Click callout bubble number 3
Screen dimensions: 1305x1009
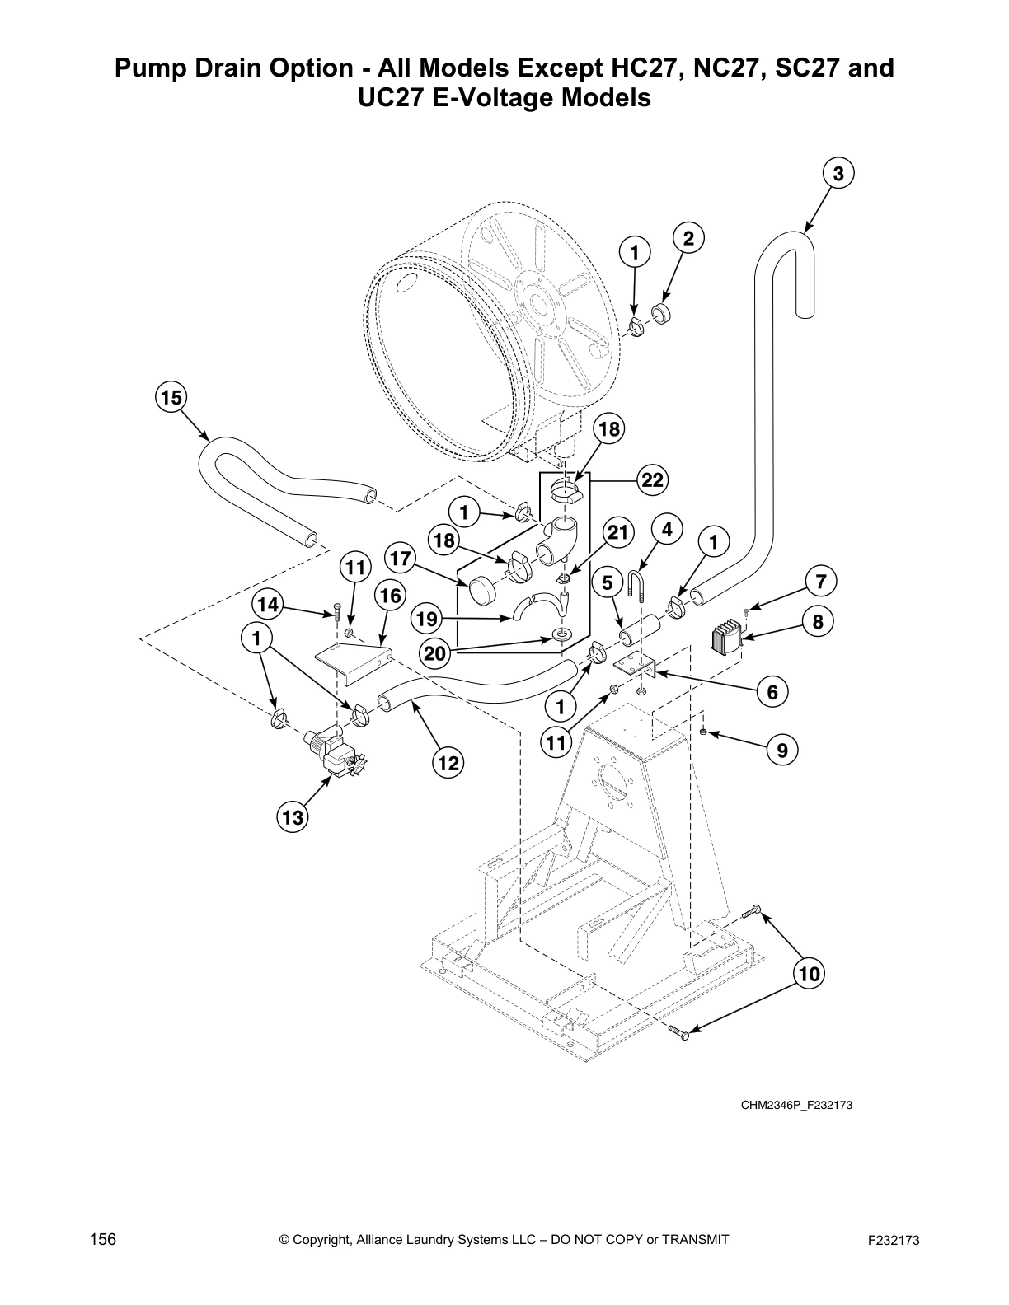click(838, 174)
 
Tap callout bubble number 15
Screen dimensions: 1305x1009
click(171, 398)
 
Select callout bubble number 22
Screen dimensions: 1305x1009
click(652, 480)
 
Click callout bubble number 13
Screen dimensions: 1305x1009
click(293, 817)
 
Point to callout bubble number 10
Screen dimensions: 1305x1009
click(810, 974)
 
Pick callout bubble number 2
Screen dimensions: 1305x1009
click(688, 239)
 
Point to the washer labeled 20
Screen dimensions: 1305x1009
click(561, 635)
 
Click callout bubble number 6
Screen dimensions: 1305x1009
click(772, 692)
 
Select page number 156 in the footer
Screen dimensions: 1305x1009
click(102, 1239)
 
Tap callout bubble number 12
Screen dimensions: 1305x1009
click(447, 763)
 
